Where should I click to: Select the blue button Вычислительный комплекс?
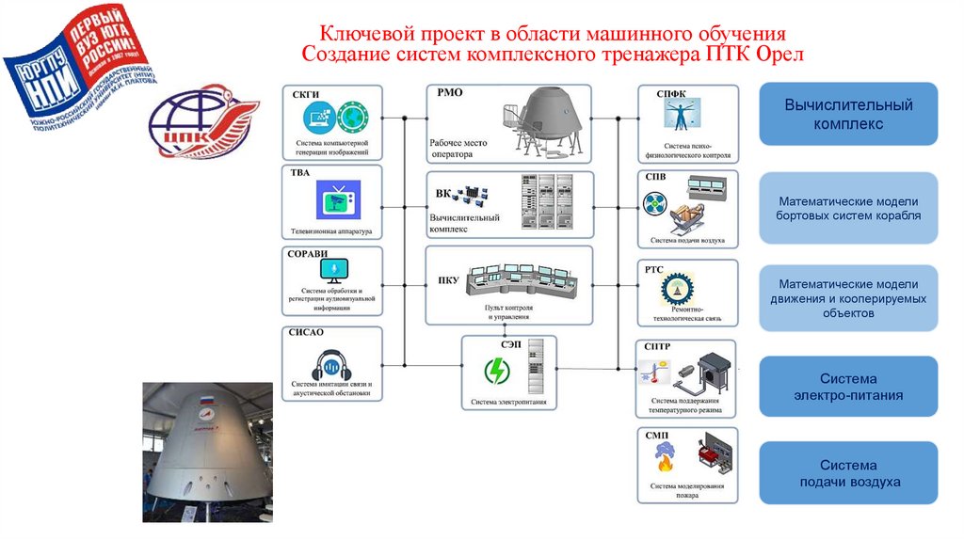tap(848, 114)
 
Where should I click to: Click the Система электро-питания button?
tap(848, 387)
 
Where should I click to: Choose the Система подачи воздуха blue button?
tap(848, 473)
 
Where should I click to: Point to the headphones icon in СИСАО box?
tap(331, 363)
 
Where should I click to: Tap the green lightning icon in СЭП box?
tap(495, 372)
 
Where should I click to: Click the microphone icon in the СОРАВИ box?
tap(332, 271)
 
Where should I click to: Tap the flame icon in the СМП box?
tap(660, 458)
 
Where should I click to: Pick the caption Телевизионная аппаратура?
tap(331, 230)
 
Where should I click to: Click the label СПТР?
tap(657, 346)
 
